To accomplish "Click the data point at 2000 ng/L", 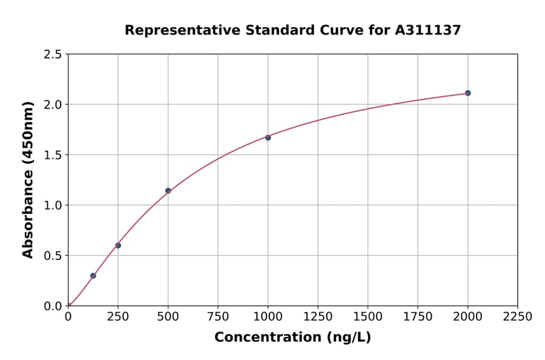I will [467, 93].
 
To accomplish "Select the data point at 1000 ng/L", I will [268, 138].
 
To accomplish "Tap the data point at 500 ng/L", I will [168, 190].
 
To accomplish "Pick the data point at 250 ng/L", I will [118, 245].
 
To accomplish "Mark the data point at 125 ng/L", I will [93, 276].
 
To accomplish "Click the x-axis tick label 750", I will [218, 317].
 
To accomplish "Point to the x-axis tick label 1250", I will [318, 317].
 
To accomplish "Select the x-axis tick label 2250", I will [517, 317].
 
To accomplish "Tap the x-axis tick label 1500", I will [368, 317].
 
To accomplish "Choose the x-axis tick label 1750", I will [418, 317].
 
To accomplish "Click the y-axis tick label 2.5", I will [53, 55].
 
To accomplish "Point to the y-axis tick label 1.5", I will [53, 155].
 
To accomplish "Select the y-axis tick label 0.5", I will [53, 256].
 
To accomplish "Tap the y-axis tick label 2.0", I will [53, 105].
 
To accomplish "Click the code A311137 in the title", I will [428, 30].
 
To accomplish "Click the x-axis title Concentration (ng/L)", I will [292, 337].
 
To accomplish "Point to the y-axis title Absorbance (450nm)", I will [28, 180].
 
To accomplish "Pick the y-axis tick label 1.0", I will [53, 205].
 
